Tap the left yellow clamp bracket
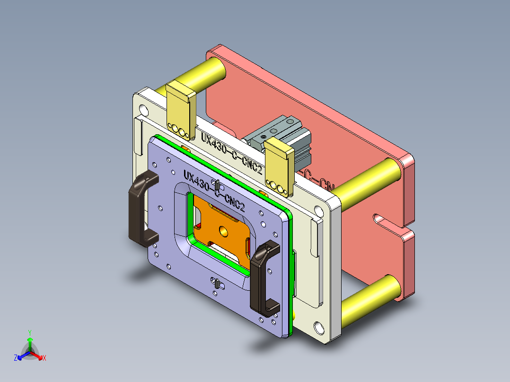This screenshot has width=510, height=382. click(x=180, y=111)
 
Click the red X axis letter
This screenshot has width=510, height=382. click(x=44, y=358)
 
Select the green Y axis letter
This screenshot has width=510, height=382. click(x=30, y=332)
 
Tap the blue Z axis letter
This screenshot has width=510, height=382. click(x=16, y=358)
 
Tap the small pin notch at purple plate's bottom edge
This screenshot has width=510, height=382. click(x=216, y=283)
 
